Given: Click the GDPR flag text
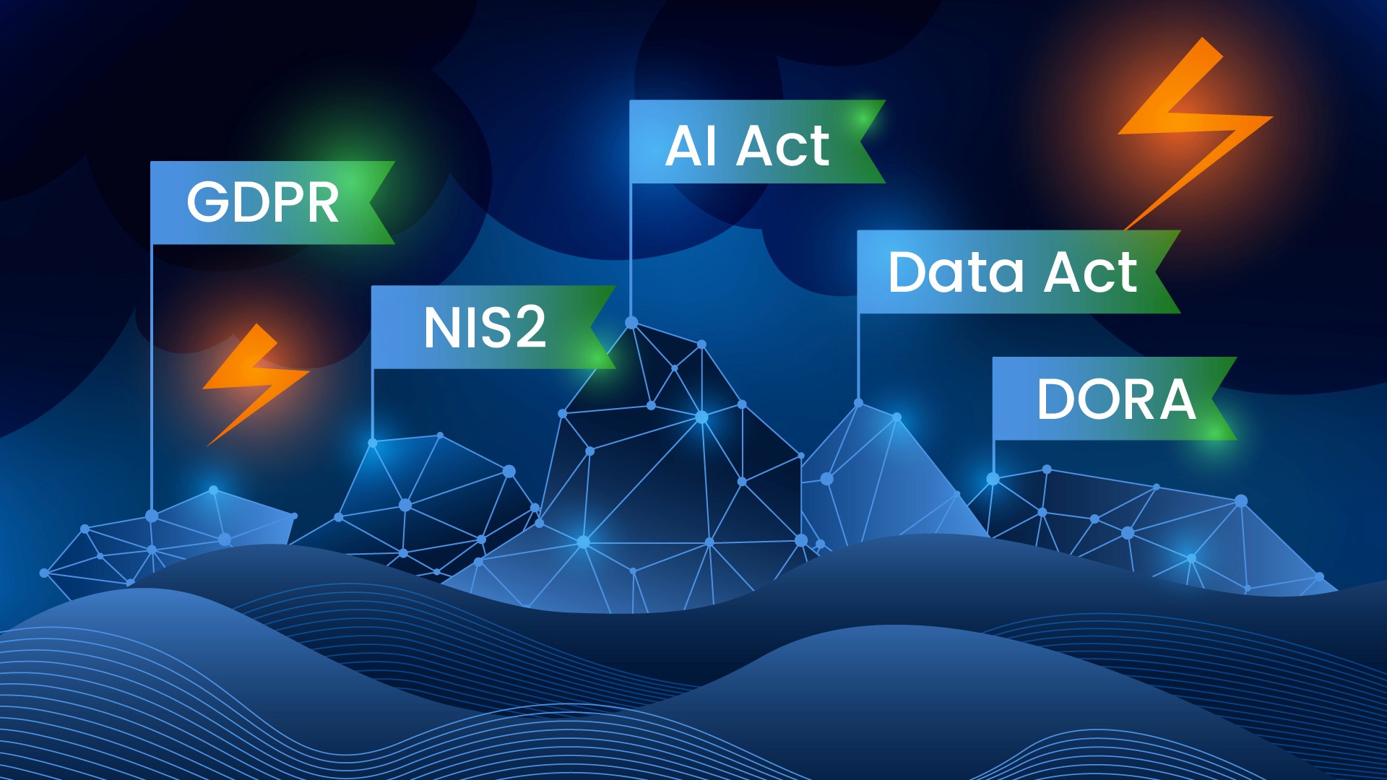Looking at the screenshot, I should [x=263, y=202].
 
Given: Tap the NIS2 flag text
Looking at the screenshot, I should [x=485, y=327].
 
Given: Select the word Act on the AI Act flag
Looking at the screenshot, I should [x=783, y=146].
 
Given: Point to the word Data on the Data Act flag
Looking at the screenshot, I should [x=956, y=272].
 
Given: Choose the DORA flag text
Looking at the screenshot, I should [x=1116, y=399].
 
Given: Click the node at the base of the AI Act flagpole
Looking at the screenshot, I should [x=631, y=322].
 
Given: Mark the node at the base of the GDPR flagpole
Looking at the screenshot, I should [x=152, y=516].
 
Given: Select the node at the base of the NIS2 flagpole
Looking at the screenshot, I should [x=373, y=443].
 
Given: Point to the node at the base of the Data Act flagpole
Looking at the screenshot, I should [x=859, y=403].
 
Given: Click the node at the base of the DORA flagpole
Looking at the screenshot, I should [x=993, y=479].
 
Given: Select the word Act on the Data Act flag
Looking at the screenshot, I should [x=1091, y=272].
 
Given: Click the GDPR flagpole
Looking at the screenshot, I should [x=152, y=376].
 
